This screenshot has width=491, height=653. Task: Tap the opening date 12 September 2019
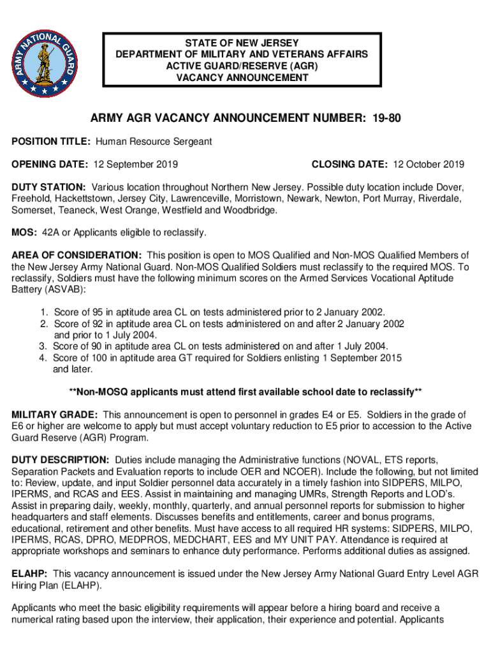coord(135,165)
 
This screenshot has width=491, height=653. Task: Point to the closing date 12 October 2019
coord(429,165)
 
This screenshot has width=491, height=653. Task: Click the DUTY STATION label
coord(48,187)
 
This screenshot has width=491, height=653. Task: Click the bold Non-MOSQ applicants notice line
coord(245,391)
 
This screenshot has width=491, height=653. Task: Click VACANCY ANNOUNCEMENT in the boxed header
coord(242,78)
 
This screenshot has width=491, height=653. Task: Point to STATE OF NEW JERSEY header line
coord(242,43)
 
